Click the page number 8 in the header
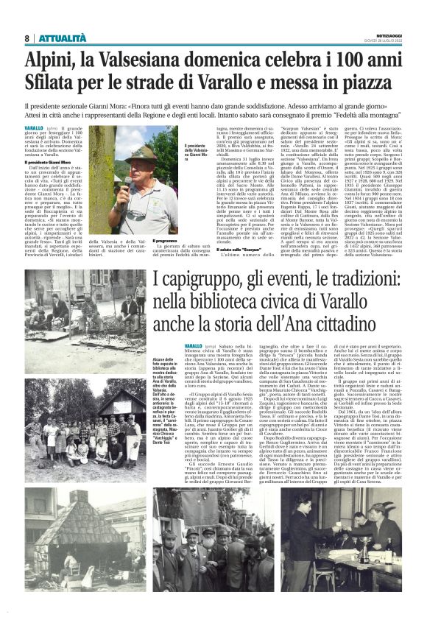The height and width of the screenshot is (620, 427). (x=27, y=38)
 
